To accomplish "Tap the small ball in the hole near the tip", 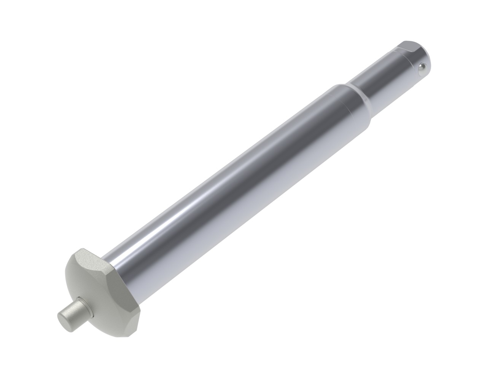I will tap(422, 68).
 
